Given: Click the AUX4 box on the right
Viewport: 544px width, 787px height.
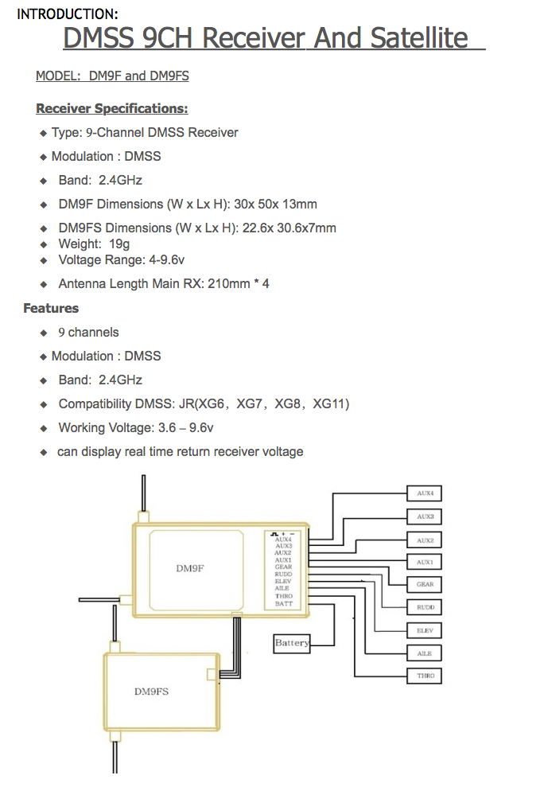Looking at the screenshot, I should point(425,493).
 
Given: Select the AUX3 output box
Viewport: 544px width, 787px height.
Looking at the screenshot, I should point(425,516).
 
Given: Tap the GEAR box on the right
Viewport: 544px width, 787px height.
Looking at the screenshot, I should point(425,584).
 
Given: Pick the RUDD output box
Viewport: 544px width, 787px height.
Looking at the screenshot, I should point(425,607).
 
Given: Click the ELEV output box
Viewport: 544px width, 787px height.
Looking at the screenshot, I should point(425,630).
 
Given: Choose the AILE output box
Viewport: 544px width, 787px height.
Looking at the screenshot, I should point(425,653).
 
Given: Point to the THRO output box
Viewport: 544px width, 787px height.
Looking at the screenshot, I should point(425,676).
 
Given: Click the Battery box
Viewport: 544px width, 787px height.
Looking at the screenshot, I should point(291,642).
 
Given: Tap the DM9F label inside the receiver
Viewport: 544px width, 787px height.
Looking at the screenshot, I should point(191,568).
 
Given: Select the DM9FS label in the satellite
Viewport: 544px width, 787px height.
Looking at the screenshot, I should point(151,692).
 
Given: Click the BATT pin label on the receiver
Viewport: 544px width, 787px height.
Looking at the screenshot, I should point(283,604).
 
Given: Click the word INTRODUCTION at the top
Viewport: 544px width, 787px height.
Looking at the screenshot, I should point(68,14).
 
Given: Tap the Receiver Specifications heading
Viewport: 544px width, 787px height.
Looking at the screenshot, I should point(112,108).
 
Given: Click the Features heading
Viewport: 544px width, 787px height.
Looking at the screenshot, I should point(51,308).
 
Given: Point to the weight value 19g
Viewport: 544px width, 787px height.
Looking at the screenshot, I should point(119,244).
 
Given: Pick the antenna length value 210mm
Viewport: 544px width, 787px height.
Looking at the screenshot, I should point(226,283).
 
